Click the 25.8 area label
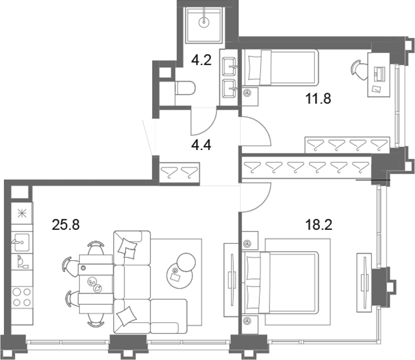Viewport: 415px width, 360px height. tap(66, 225)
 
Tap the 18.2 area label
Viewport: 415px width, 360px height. tap(319, 225)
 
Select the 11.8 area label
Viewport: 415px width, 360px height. tap(318, 99)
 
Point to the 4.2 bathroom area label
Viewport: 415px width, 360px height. tap(201, 60)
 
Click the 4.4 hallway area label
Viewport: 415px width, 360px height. tap(201, 145)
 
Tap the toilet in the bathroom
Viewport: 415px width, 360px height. tap(185, 88)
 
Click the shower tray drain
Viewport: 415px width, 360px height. tap(204, 22)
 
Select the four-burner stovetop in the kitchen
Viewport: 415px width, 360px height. tap(22, 297)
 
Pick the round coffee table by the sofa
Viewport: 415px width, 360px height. tap(180, 276)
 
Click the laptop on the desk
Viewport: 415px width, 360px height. tap(379, 73)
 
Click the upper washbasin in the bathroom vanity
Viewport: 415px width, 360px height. tap(229, 66)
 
